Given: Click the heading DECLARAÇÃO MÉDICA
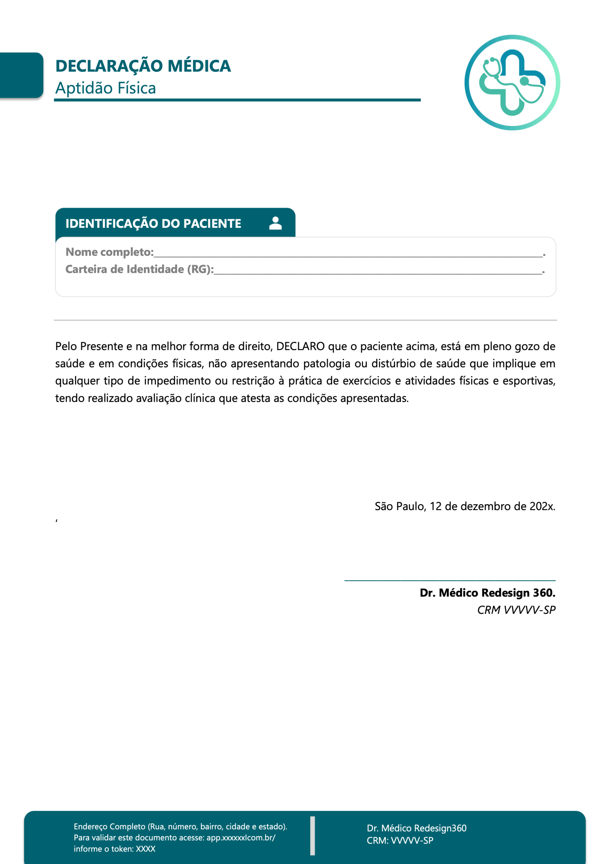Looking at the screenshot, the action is [x=143, y=66].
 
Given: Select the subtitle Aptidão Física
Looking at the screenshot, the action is [x=105, y=88].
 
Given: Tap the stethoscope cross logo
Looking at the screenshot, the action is [x=512, y=83].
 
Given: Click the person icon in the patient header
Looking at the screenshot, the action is [x=275, y=223].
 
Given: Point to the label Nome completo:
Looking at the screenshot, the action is [x=110, y=252].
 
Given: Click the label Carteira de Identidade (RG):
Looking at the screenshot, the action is [x=139, y=269].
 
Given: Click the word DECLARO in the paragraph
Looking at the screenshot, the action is [x=300, y=347].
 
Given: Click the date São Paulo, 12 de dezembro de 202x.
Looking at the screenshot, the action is [x=465, y=507].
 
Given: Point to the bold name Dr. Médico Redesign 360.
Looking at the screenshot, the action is [x=487, y=593].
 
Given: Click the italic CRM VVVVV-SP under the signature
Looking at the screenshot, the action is [x=516, y=610].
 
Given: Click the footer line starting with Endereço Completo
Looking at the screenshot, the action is [x=180, y=827].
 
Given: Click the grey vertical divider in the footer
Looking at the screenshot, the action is [x=312, y=835].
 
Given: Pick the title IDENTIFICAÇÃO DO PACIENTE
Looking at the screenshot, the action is [x=153, y=223].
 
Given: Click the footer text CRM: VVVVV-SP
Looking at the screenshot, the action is [x=400, y=841].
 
